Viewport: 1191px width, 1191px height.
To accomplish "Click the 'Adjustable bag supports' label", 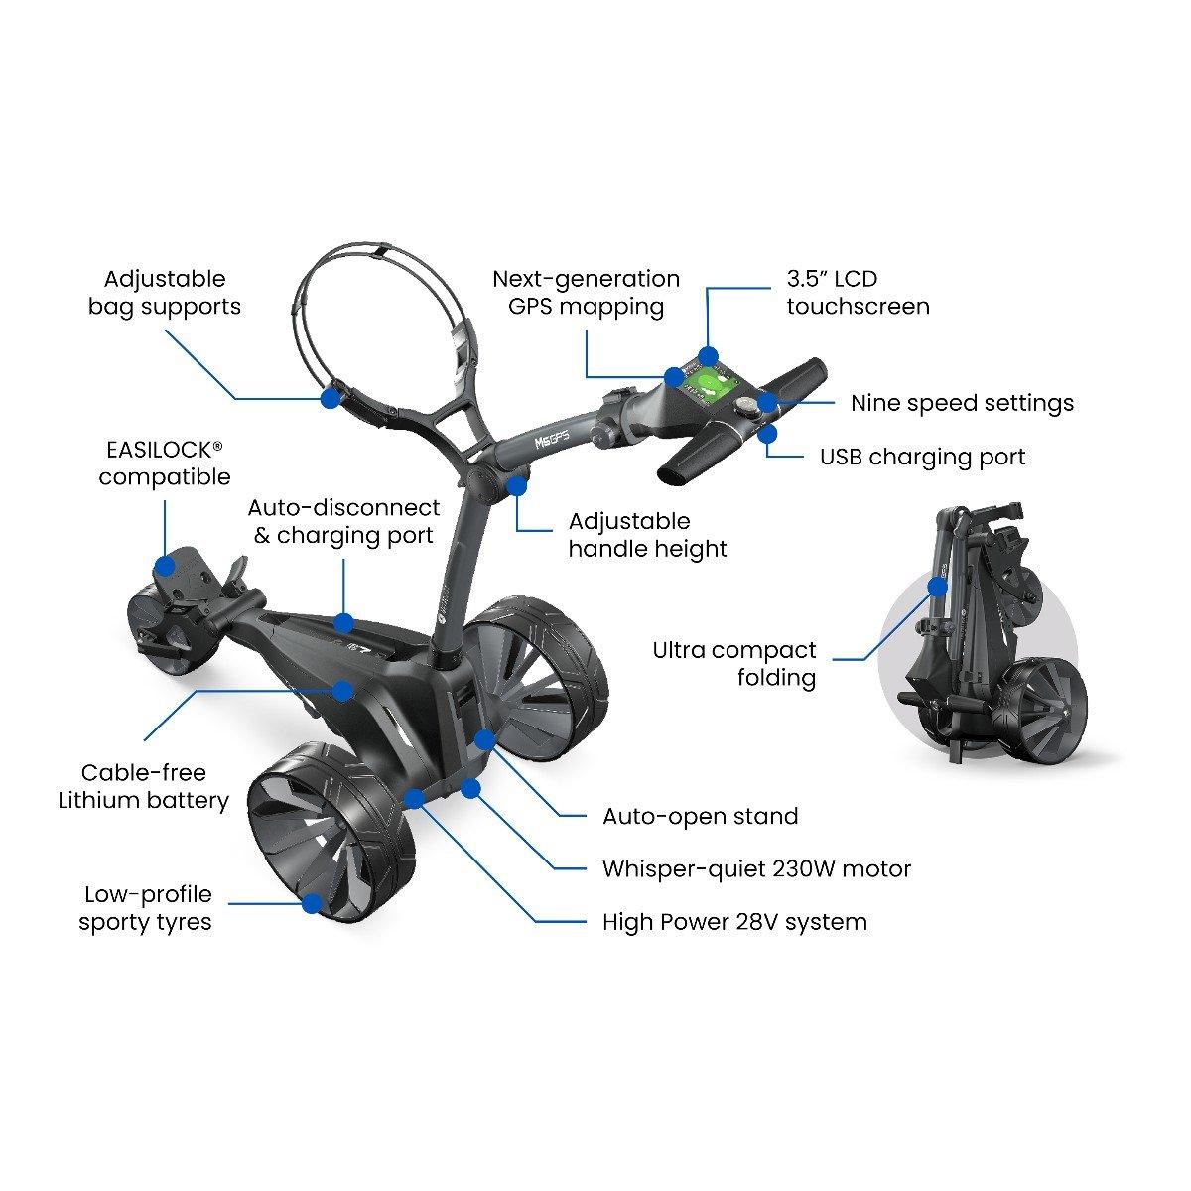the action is (x=165, y=293).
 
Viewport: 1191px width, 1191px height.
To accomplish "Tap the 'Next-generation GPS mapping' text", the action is (x=586, y=293).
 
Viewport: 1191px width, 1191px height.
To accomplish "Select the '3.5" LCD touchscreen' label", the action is (x=858, y=293).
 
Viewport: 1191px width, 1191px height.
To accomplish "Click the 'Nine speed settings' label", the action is (x=963, y=403).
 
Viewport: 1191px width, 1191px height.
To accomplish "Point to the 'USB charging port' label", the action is (x=922, y=457).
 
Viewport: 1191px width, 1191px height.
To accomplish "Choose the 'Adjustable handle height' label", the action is (x=647, y=535).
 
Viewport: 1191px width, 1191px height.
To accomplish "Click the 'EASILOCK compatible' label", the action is (x=165, y=463).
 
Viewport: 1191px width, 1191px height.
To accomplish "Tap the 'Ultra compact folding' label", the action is (x=734, y=664).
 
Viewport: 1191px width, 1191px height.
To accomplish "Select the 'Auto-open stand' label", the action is (x=701, y=817).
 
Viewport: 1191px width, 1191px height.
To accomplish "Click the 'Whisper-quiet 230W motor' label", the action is (x=756, y=869).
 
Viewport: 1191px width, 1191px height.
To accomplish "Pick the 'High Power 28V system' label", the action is (x=734, y=922).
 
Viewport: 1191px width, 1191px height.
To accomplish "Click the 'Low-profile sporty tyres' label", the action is (x=147, y=908).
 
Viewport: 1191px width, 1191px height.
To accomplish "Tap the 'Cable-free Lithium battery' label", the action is (x=143, y=786).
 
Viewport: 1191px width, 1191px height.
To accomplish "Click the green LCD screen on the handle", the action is (x=711, y=389).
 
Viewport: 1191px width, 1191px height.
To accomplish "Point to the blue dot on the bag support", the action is (x=331, y=398).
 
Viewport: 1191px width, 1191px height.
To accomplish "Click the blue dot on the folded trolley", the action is (x=938, y=587).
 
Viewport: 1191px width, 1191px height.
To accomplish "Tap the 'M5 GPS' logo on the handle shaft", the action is (x=551, y=440).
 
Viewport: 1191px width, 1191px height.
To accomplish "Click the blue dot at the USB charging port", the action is (x=767, y=435).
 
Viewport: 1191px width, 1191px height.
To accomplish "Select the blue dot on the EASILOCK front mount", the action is (x=165, y=566).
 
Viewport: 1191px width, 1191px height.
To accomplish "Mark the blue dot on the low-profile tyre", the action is (x=313, y=903).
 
